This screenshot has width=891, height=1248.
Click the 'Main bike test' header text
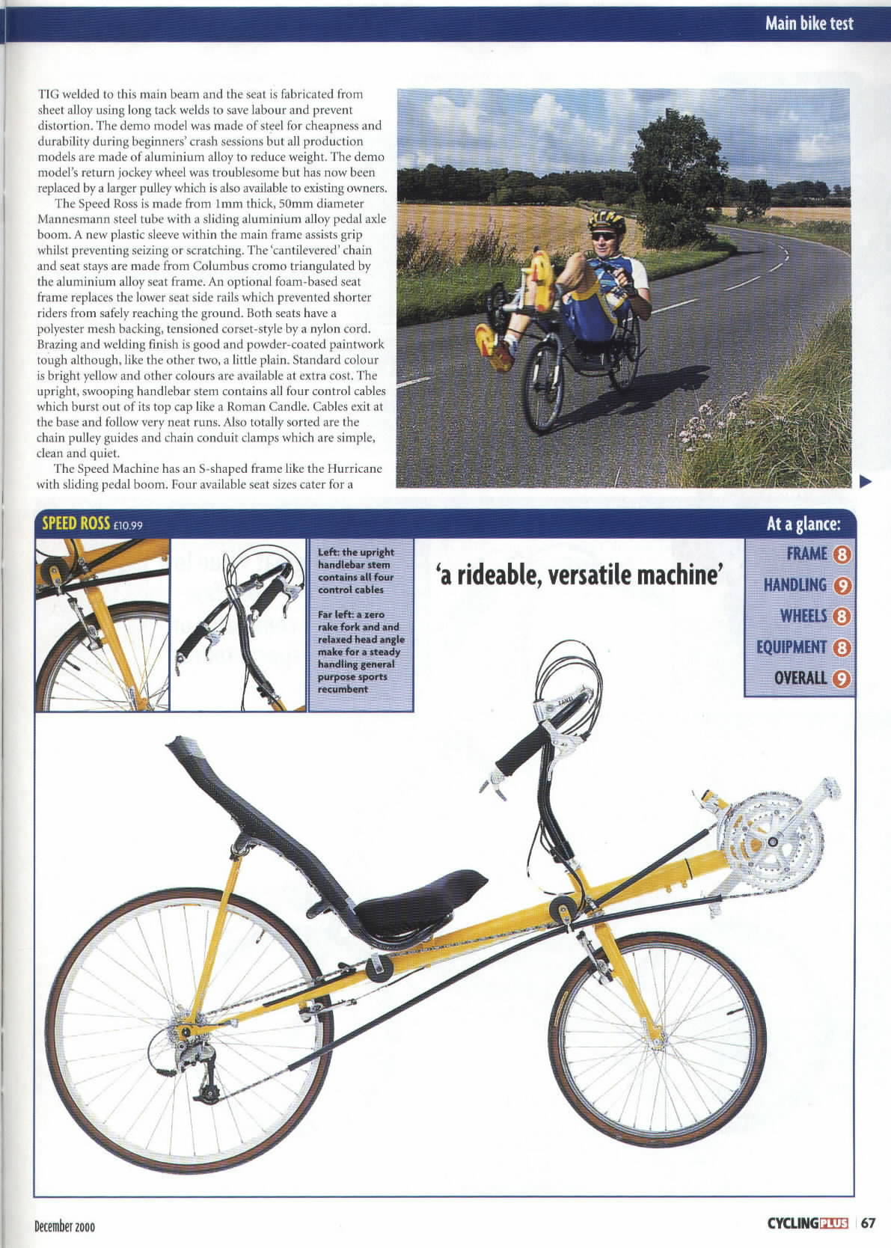(808, 23)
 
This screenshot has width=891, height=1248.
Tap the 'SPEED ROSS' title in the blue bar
(76, 523)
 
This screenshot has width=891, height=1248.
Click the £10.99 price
(128, 524)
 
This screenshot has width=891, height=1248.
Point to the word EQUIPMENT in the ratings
(785, 647)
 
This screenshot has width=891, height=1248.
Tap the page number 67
(868, 1223)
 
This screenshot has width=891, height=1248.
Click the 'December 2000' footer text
(64, 1226)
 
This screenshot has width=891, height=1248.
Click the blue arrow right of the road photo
(866, 483)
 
